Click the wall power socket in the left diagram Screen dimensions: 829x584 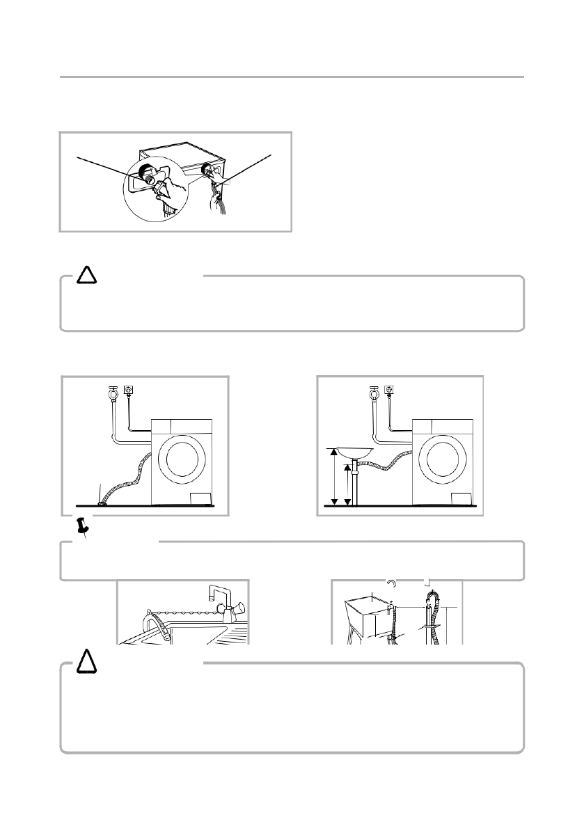click(128, 390)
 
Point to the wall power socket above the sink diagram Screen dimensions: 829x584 click(390, 390)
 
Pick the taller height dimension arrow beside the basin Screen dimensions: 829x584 click(333, 477)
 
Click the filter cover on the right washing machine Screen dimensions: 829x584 click(461, 498)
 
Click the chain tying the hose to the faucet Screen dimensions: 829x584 click(184, 613)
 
